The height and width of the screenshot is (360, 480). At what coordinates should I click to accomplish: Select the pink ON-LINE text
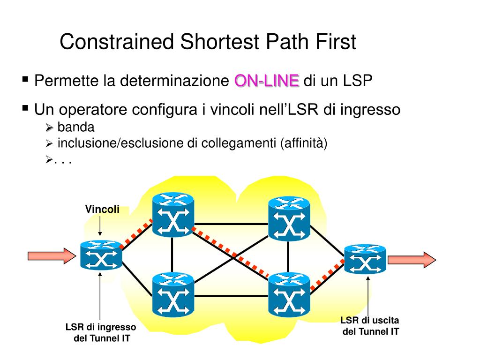[x=266, y=81]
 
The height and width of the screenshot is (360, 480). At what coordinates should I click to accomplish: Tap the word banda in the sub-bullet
[x=76, y=127]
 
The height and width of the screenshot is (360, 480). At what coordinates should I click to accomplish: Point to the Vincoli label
[x=102, y=209]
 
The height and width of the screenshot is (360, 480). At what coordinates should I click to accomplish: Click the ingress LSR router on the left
[x=101, y=255]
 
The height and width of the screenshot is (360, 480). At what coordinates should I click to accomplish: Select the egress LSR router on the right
[x=365, y=259]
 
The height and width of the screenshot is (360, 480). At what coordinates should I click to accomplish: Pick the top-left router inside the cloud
[x=173, y=216]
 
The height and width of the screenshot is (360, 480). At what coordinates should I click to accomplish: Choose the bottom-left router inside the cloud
[x=173, y=294]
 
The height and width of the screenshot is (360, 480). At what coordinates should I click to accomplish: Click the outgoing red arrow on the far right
[x=412, y=259]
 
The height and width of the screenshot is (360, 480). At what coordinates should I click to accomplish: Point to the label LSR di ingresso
[x=101, y=327]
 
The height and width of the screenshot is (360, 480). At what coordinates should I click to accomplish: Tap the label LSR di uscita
[x=370, y=321]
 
